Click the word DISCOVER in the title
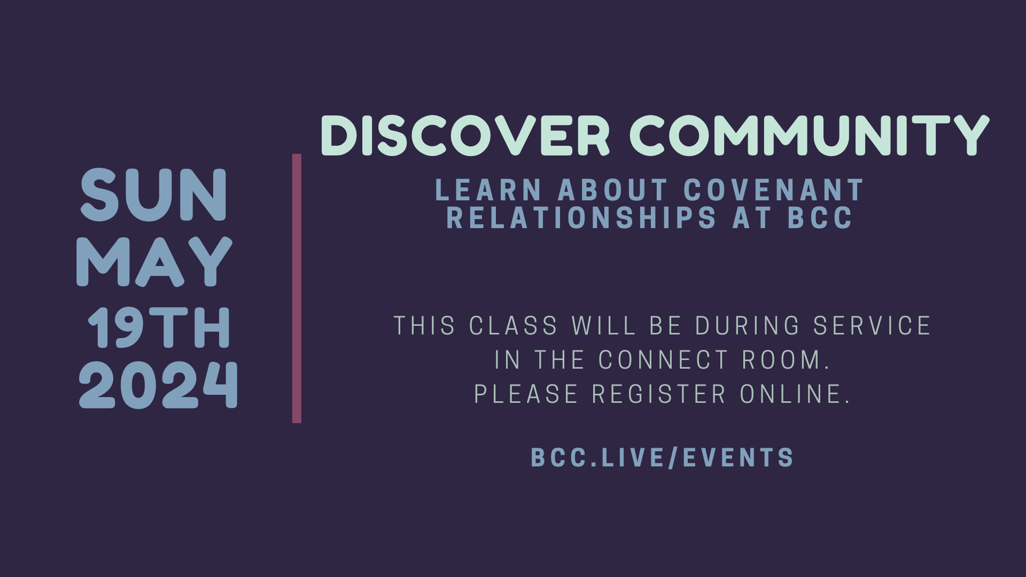click(465, 136)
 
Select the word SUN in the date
click(154, 195)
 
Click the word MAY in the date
click(154, 262)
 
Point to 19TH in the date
click(159, 328)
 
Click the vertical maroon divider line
click(297, 288)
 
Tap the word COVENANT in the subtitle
click(774, 190)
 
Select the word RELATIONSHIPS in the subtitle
click(581, 217)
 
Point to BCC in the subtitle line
click(821, 217)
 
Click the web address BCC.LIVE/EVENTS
click(663, 458)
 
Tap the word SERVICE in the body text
click(872, 326)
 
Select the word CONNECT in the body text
click(663, 360)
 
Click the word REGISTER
click(659, 394)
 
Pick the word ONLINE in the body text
click(795, 394)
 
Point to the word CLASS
click(514, 326)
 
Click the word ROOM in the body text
click(786, 360)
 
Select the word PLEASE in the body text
click(526, 394)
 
